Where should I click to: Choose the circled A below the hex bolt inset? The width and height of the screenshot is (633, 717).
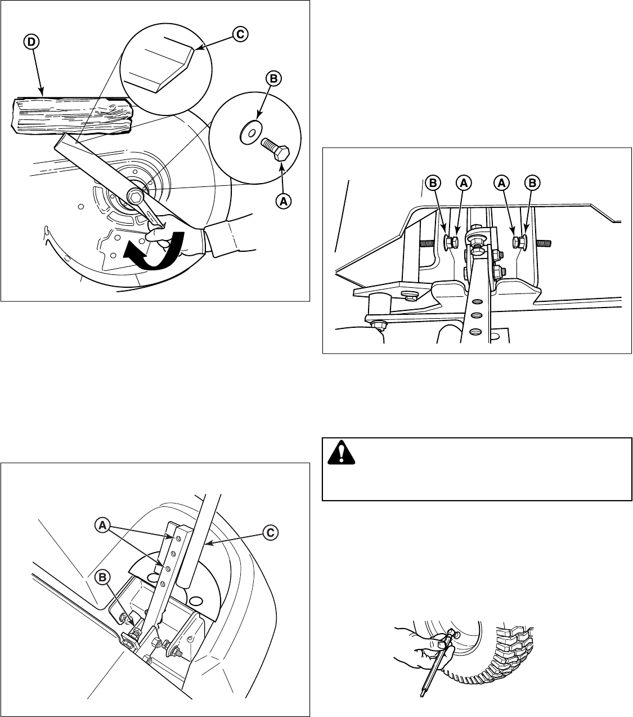pyautogui.click(x=283, y=199)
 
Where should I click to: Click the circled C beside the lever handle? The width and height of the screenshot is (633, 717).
pyautogui.click(x=270, y=532)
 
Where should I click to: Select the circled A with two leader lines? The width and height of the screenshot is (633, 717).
pyautogui.click(x=102, y=525)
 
